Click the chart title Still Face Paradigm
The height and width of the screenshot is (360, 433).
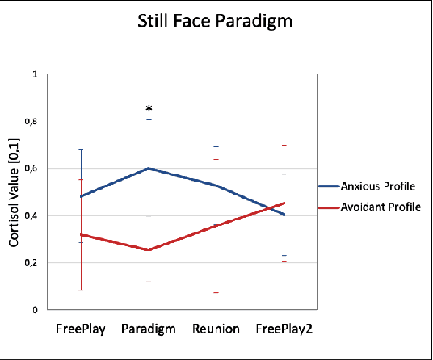click(216, 22)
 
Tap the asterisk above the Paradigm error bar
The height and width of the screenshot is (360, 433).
click(149, 109)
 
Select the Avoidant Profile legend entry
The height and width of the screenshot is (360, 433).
click(380, 207)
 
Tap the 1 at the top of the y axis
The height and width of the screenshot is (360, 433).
click(34, 74)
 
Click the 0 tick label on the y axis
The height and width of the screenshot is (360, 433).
click(34, 309)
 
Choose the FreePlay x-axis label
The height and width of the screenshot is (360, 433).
click(80, 329)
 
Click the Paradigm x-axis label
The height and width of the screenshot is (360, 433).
click(149, 329)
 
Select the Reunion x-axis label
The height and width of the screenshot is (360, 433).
click(216, 329)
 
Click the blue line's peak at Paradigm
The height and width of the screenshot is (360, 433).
click(149, 168)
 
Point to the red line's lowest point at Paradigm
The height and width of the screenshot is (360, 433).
click(149, 250)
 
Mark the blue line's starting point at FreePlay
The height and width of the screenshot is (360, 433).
click(81, 196)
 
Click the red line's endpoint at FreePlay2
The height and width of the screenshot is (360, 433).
click(284, 203)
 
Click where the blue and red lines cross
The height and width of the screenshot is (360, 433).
click(267, 208)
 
